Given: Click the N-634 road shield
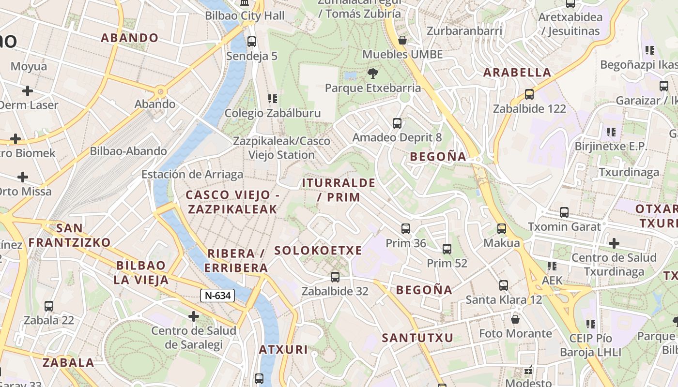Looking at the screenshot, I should (x=217, y=296).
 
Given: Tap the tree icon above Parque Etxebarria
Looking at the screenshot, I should (x=372, y=74).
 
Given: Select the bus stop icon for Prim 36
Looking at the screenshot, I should (x=406, y=229).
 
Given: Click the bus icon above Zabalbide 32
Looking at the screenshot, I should (x=335, y=277).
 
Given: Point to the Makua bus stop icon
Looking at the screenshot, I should (x=502, y=229).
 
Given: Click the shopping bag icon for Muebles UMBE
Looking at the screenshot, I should (x=402, y=40).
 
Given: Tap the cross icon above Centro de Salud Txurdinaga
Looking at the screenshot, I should (x=614, y=243).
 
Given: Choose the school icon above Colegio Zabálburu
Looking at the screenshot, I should (x=273, y=99).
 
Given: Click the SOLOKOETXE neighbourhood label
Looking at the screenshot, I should (x=318, y=251).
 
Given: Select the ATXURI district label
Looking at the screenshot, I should (x=283, y=350).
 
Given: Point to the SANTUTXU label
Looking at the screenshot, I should (x=417, y=338).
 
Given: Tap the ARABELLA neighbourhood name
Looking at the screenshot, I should (x=517, y=73).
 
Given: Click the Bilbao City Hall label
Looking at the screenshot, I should (x=245, y=15).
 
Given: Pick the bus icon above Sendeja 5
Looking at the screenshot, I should (x=252, y=42).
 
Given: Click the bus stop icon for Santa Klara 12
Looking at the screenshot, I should (x=504, y=285).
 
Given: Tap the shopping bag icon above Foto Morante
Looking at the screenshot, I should (x=515, y=319).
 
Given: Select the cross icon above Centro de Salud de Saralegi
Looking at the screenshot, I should (x=194, y=317).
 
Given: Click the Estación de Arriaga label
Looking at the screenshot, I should (x=192, y=175).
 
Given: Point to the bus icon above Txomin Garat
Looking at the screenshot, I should (x=564, y=212).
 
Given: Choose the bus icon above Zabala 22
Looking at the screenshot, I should (x=49, y=306).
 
